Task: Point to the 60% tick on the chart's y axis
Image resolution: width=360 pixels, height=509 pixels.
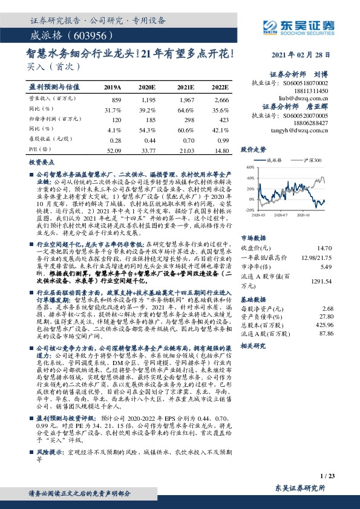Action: (x=250, y=167)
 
